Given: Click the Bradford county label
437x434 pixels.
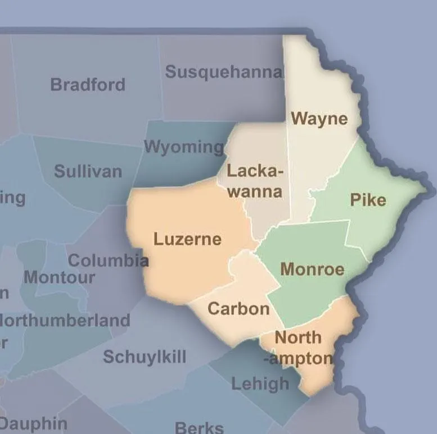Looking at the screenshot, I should coord(88,85).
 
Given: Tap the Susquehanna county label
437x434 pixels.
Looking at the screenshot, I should coord(223,72).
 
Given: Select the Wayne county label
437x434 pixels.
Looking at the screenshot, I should coord(319,119).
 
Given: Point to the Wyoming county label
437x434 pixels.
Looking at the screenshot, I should coord(184,147).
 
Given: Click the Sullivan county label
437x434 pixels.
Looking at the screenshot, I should coord(88,171).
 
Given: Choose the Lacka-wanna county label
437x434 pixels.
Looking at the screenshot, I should coord(255,180).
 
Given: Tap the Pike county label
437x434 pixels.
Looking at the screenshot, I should coord(368,200).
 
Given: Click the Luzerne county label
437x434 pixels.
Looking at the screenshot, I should coord(187,239).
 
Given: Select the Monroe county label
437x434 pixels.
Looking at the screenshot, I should coord(312,269).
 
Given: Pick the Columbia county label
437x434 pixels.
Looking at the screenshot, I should coord(108,261).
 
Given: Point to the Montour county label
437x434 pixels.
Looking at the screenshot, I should coord(59,277).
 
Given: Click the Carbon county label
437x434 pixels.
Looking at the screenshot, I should coord(238,308).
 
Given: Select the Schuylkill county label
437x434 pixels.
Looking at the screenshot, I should coord(145,357).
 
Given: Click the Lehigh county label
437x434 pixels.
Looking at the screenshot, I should coord(260,384).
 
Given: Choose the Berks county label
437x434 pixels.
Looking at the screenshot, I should coord(199,427).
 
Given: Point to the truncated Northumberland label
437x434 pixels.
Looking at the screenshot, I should coord(65,321).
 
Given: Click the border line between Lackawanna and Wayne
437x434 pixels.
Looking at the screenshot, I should coord(289,168).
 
